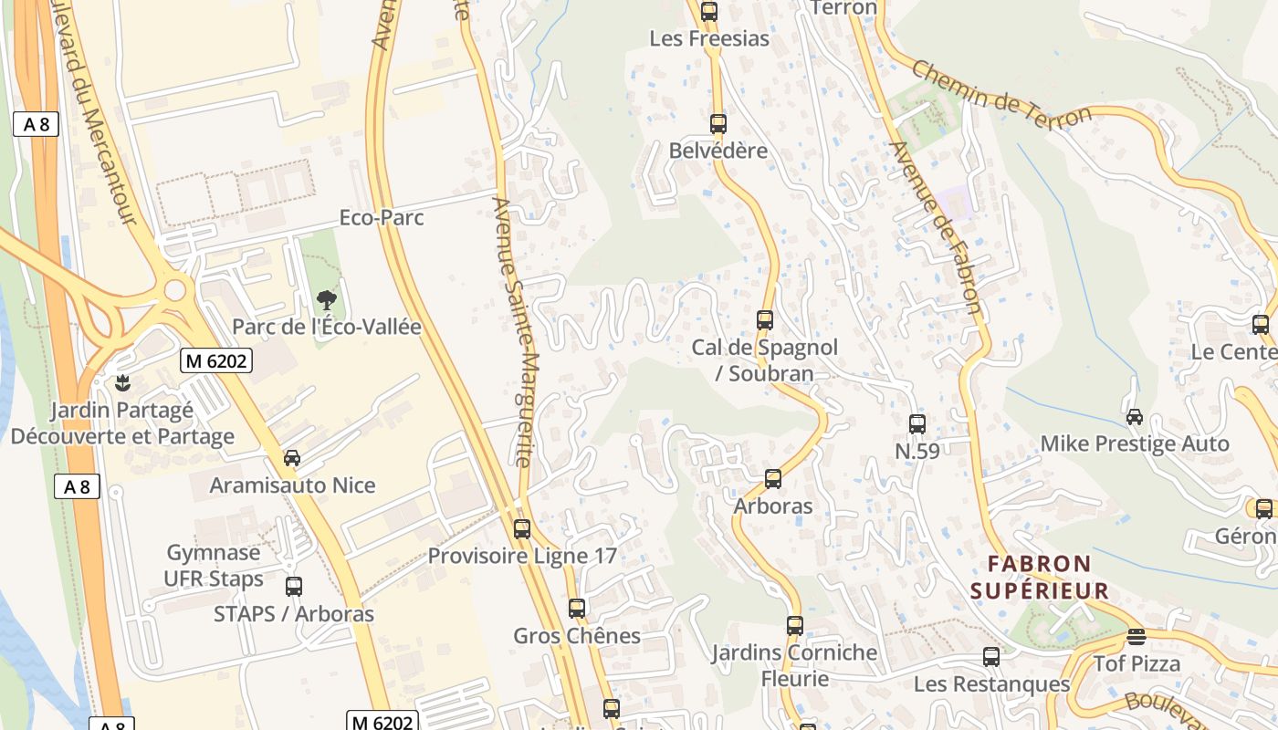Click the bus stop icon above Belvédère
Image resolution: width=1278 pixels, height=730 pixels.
click(718, 124)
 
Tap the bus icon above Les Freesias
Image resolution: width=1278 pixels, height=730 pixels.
click(709, 12)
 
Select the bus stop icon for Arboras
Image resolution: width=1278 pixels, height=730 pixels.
click(773, 478)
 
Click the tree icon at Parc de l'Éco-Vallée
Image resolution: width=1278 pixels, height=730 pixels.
click(326, 299)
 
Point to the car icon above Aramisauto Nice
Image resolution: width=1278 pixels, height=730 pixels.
click(292, 458)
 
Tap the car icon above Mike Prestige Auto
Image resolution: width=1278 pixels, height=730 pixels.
click(1135, 417)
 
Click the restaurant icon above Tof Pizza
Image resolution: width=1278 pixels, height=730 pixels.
click(1137, 636)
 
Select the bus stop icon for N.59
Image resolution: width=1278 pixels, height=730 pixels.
click(917, 423)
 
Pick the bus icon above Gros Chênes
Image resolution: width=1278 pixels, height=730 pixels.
click(577, 608)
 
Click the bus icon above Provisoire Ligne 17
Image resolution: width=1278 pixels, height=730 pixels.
click(522, 528)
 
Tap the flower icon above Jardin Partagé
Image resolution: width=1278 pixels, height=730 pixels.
click(121, 382)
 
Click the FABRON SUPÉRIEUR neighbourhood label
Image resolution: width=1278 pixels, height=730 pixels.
click(1040, 577)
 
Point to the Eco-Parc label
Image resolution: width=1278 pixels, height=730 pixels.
click(382, 218)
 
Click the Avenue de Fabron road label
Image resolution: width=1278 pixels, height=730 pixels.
click(937, 228)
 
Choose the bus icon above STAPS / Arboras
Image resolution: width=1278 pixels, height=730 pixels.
click(294, 587)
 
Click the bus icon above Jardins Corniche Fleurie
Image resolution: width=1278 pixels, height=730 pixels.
click(795, 626)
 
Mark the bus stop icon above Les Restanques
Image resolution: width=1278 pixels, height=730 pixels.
click(991, 657)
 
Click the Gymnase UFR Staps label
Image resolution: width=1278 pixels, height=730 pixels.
click(214, 565)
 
